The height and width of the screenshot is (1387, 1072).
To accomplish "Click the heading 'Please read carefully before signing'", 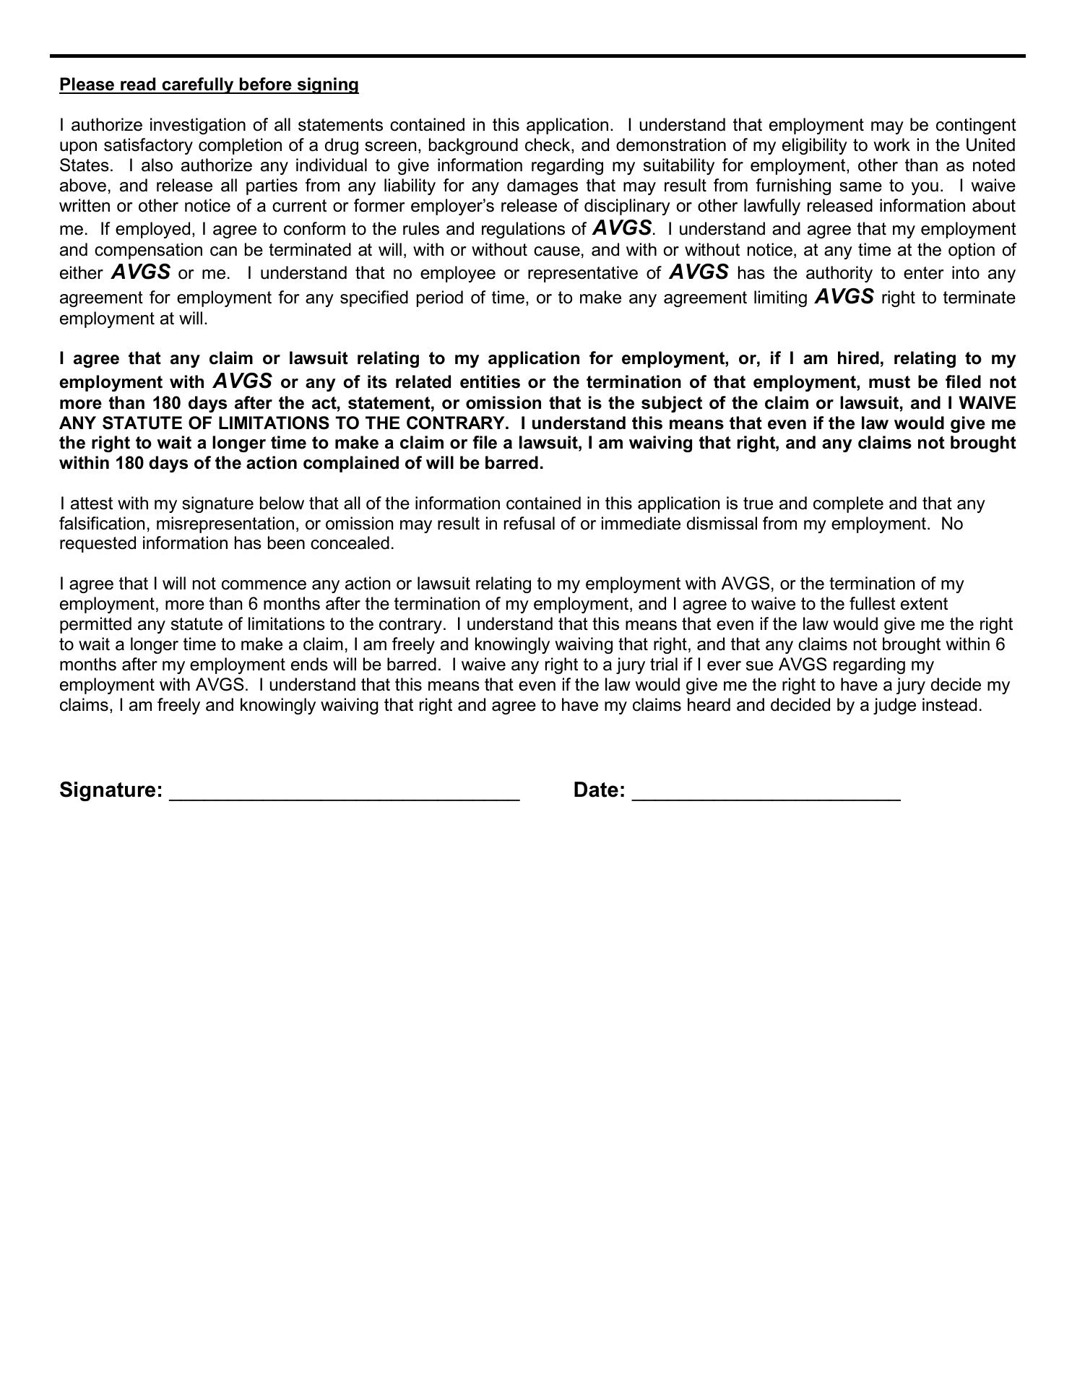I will tap(209, 85).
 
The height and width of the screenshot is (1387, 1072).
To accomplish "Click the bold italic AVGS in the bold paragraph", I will tap(243, 381).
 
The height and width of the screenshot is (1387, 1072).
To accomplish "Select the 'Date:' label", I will tap(599, 790).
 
